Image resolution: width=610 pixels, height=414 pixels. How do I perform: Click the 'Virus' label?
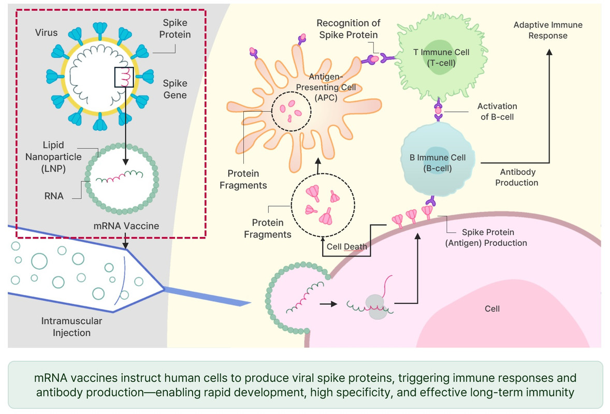click(x=46, y=33)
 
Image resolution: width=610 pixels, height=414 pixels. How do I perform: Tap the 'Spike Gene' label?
click(x=175, y=89)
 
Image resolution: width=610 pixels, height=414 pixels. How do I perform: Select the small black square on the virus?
click(x=124, y=77)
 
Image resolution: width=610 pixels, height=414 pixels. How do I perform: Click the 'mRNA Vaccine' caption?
click(x=126, y=226)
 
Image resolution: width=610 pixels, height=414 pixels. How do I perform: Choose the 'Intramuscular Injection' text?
click(x=71, y=327)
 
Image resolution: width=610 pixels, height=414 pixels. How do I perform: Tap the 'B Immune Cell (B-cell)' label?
click(x=438, y=162)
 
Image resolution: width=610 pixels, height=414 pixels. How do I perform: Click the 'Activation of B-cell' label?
click(x=497, y=111)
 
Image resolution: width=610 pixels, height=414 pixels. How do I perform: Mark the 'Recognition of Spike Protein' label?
click(x=348, y=28)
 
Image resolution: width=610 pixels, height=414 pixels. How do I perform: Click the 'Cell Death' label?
click(x=346, y=246)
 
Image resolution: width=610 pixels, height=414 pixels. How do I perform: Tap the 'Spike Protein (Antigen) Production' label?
click(x=486, y=238)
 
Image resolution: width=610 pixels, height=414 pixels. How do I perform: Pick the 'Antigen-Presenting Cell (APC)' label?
click(x=333, y=87)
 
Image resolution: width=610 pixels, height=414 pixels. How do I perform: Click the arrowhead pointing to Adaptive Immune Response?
click(x=549, y=51)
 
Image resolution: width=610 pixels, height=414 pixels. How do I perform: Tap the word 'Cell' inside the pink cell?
click(x=492, y=308)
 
